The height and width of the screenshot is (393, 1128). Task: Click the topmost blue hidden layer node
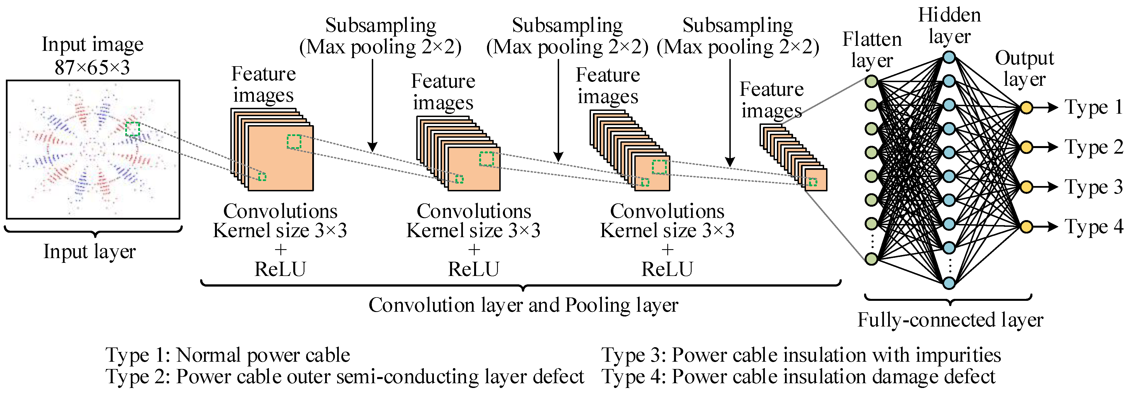[x=949, y=57]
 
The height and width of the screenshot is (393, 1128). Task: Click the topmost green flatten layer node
[x=871, y=81]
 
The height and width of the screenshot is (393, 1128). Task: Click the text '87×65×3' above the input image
[x=93, y=67]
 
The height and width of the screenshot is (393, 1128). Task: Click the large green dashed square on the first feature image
[x=294, y=142]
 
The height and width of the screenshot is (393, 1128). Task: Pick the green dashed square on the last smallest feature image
[x=813, y=182]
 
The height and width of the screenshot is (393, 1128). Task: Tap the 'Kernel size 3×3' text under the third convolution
[x=667, y=230]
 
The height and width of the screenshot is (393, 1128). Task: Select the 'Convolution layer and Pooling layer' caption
[x=523, y=305]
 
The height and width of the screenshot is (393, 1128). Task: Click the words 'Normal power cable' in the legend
[x=263, y=355]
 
